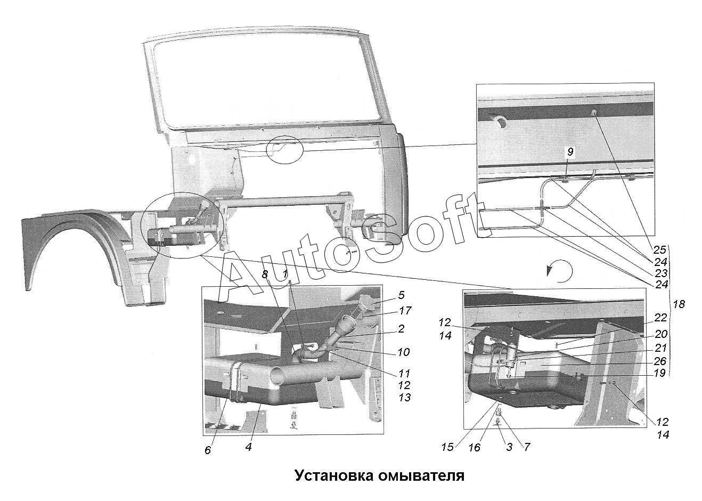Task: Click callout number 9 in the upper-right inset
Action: [570, 152]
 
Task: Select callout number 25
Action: [659, 249]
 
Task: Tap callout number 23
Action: [660, 273]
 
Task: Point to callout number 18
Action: [679, 304]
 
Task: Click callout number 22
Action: [660, 318]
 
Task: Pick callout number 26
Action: [660, 361]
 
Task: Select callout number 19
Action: [659, 374]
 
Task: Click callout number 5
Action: [402, 295]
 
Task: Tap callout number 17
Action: [405, 311]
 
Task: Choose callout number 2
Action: [401, 328]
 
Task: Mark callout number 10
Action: [404, 352]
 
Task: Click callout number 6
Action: [208, 450]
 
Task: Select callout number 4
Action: [249, 447]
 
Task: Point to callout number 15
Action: [447, 447]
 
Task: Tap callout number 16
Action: [475, 447]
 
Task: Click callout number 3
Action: [509, 447]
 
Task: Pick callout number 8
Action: [265, 274]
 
